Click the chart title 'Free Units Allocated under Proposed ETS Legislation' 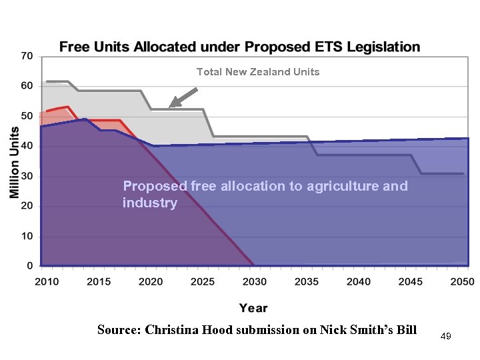coord(240,47)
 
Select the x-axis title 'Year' coord(253,307)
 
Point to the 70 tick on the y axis coord(26,56)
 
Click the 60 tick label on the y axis coord(26,86)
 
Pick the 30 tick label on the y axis coord(26,177)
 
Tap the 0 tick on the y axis coord(29,266)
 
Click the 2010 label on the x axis coord(47,282)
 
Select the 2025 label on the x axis coord(203,282)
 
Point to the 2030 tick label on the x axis coord(255,282)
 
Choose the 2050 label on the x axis coord(462,282)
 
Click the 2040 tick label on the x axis coord(359,282)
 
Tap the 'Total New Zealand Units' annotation coord(258,72)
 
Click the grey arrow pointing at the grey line coord(183,97)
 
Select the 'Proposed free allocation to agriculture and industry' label coord(265,194)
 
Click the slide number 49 coord(446,337)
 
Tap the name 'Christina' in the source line coord(173,329)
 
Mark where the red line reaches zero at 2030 coord(254,265)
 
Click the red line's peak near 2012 coord(67,107)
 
